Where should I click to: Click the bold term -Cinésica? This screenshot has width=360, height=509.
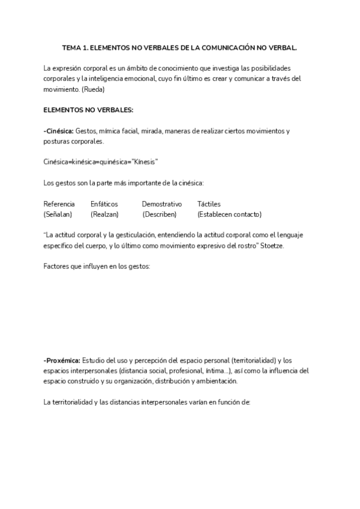click(x=58, y=131)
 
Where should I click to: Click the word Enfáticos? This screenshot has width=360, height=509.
click(x=104, y=204)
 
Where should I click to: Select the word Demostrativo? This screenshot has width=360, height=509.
click(x=161, y=204)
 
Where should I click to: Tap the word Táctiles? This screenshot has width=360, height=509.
click(x=209, y=204)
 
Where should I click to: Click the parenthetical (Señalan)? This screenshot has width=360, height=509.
click(x=58, y=214)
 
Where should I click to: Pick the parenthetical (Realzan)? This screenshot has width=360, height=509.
click(x=104, y=214)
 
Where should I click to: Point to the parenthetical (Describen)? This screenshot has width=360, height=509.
click(x=159, y=214)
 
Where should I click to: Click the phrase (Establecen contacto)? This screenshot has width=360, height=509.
click(x=229, y=214)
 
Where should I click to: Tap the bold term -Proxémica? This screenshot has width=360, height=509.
click(x=62, y=360)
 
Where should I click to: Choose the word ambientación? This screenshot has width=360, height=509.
click(x=216, y=381)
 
